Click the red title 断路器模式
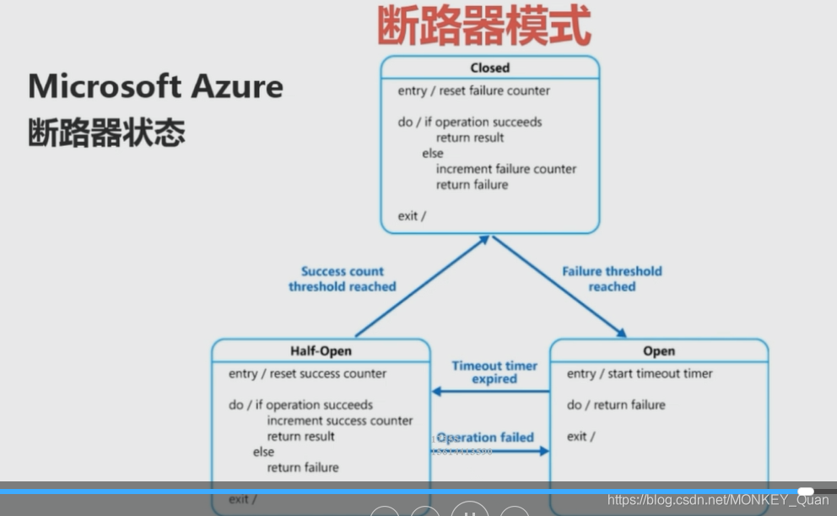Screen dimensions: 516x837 click(x=483, y=26)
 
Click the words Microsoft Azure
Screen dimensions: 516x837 click(x=155, y=86)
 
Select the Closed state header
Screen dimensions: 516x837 click(x=489, y=68)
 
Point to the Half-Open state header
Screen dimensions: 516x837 click(x=321, y=350)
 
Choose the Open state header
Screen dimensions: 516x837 click(x=658, y=350)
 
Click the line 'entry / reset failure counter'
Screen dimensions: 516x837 click(x=473, y=90)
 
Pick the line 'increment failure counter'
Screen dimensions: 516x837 click(x=505, y=169)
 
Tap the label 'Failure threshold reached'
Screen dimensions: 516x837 click(x=612, y=279)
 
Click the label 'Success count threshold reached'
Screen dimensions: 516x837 click(x=342, y=279)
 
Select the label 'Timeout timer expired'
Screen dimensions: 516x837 click(x=494, y=372)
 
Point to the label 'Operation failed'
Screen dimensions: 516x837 click(x=487, y=437)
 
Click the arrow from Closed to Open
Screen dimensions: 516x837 click(x=559, y=286)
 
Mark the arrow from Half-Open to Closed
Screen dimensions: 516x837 click(x=422, y=286)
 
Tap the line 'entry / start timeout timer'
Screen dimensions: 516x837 click(x=640, y=373)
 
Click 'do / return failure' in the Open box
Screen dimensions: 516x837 click(x=616, y=405)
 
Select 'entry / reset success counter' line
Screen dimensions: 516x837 click(x=307, y=373)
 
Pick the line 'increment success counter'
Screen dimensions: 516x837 click(x=340, y=421)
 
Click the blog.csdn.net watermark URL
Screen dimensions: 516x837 click(x=718, y=500)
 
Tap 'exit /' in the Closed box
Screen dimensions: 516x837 click(x=412, y=216)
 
